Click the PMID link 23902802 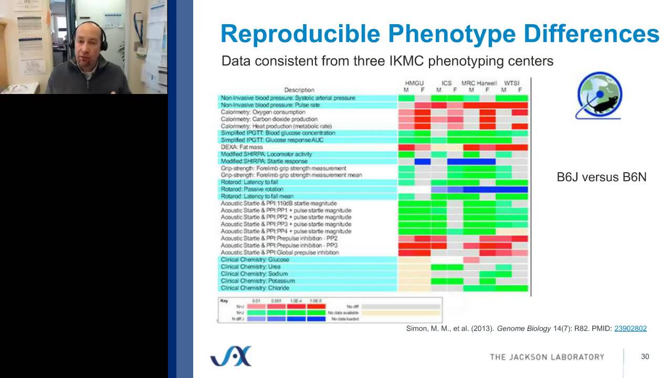(630, 329)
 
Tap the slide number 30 (645, 357)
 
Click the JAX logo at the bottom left (231, 356)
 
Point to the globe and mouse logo (599, 96)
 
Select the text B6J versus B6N (601, 177)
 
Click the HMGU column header (414, 83)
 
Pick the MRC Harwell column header (479, 83)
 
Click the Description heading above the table (299, 90)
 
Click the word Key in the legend (225, 301)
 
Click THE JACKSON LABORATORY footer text (547, 357)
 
